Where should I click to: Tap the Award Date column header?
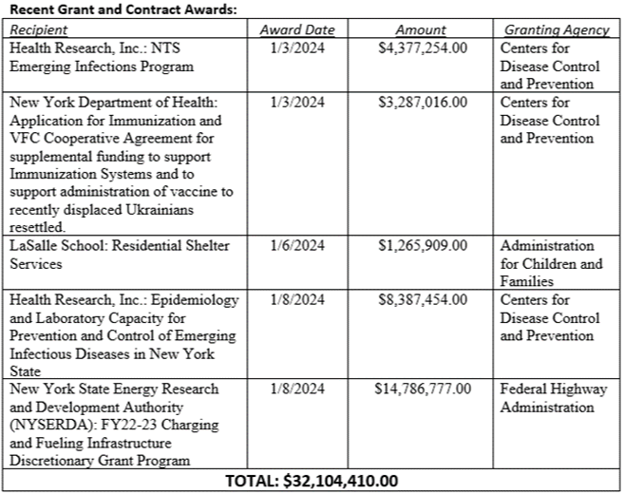297,30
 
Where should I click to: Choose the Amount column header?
423,30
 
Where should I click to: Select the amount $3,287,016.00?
423,102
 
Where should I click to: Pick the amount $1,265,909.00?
423,246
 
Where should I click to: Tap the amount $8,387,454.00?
423,300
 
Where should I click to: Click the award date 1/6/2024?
297,246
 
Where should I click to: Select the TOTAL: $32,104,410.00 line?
312,481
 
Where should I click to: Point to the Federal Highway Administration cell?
554,398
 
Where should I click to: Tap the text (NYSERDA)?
48,426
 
